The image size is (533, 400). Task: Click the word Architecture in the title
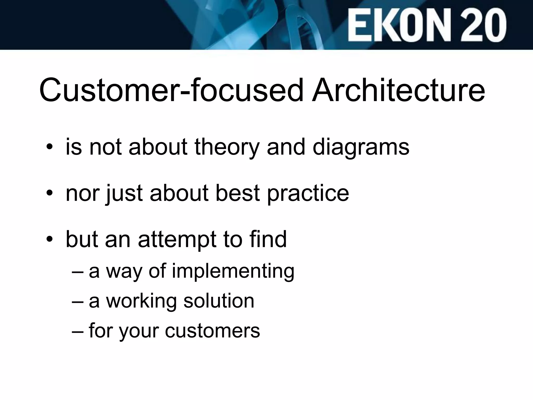pyautogui.click(x=398, y=90)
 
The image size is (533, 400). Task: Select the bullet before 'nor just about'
pyautogui.click(x=49, y=194)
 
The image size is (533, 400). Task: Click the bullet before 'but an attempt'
pyautogui.click(x=49, y=240)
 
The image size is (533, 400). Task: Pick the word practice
pyautogui.click(x=308, y=194)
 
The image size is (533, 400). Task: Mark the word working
pyautogui.click(x=141, y=301)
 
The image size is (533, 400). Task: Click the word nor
pyautogui.click(x=83, y=194)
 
